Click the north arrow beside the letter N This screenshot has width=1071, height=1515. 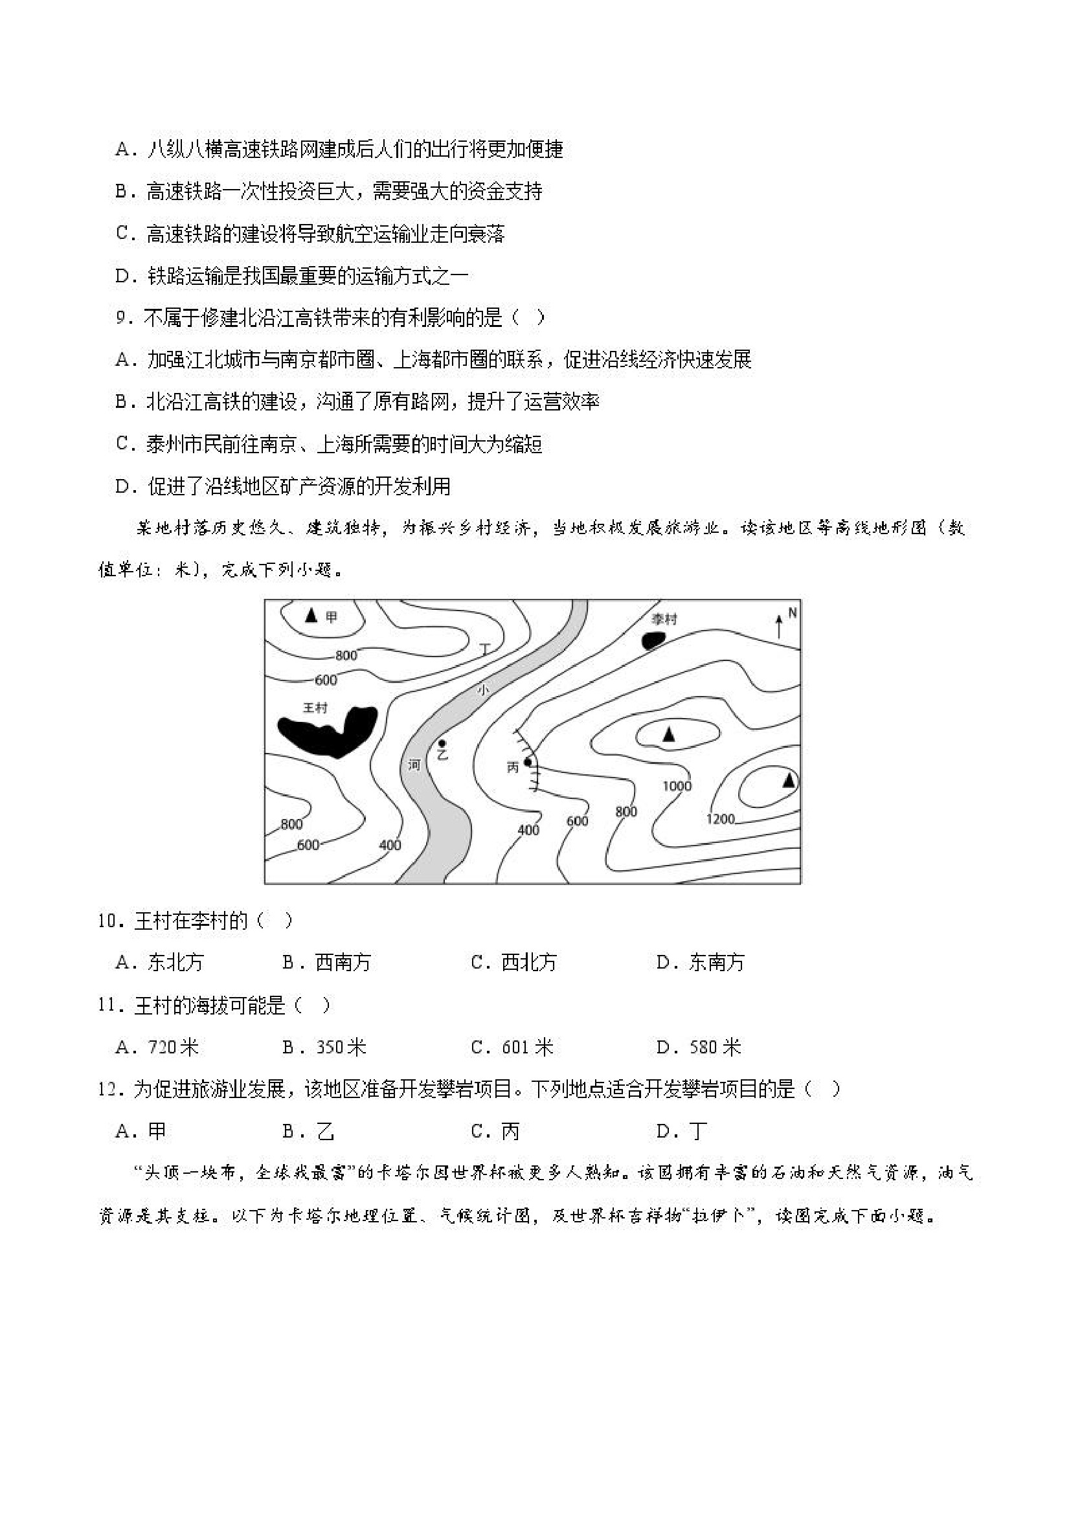coord(779,625)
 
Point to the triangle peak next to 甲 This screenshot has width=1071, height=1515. coord(311,616)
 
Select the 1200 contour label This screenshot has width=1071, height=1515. coord(720,819)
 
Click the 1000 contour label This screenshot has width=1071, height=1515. coord(677,785)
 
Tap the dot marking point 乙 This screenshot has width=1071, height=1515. coord(441,744)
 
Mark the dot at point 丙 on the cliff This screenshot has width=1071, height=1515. coord(527,763)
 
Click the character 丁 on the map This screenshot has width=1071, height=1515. coord(486,649)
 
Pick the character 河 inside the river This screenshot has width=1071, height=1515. coord(414,765)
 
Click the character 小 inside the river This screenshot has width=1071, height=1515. coord(484,690)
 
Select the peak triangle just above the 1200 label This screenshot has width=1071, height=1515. coord(789,781)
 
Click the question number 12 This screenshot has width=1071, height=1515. coord(110,1090)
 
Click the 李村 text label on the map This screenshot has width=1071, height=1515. coord(664,619)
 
